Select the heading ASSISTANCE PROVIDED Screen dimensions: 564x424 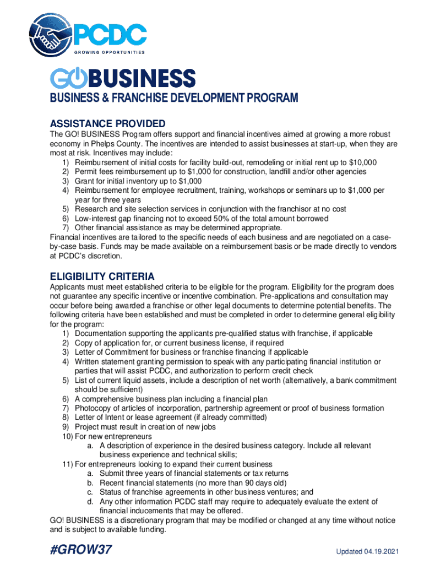(x=107, y=123)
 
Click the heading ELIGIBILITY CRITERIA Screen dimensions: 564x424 (x=102, y=276)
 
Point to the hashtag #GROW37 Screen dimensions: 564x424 (x=85, y=551)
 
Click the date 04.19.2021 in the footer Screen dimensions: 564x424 (x=380, y=552)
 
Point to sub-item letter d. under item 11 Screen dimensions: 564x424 (x=90, y=502)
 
